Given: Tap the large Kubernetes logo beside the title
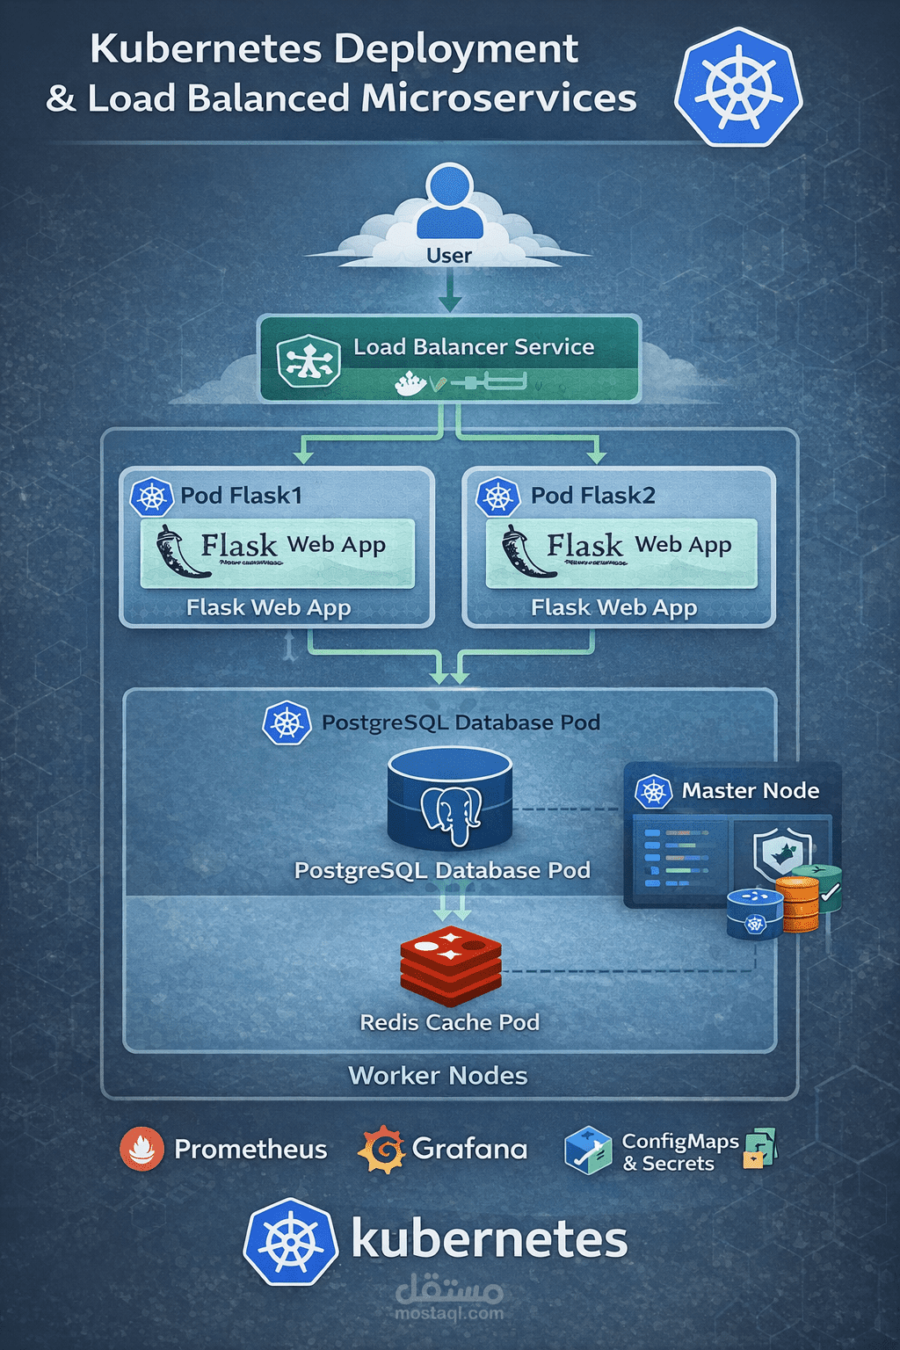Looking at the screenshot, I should click(738, 86).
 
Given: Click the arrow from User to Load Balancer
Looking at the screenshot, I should click(450, 290).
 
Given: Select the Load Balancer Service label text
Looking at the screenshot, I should click(474, 347).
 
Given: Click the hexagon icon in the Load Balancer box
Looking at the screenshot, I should click(308, 360).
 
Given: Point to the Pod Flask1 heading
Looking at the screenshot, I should click(241, 496).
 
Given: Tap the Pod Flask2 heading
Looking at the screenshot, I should click(592, 496).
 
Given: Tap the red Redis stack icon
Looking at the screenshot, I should click(450, 964).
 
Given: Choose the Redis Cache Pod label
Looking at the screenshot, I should click(449, 1022).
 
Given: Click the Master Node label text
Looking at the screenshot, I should click(750, 791).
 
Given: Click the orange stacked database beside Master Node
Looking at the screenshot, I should click(798, 905).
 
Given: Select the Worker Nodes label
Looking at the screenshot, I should click(438, 1076).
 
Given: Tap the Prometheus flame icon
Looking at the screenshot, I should click(142, 1149).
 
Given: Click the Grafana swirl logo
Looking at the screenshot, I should click(381, 1149).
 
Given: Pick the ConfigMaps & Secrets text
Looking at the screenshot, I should click(679, 1152).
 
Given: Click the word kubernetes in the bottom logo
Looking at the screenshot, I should click(489, 1240).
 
